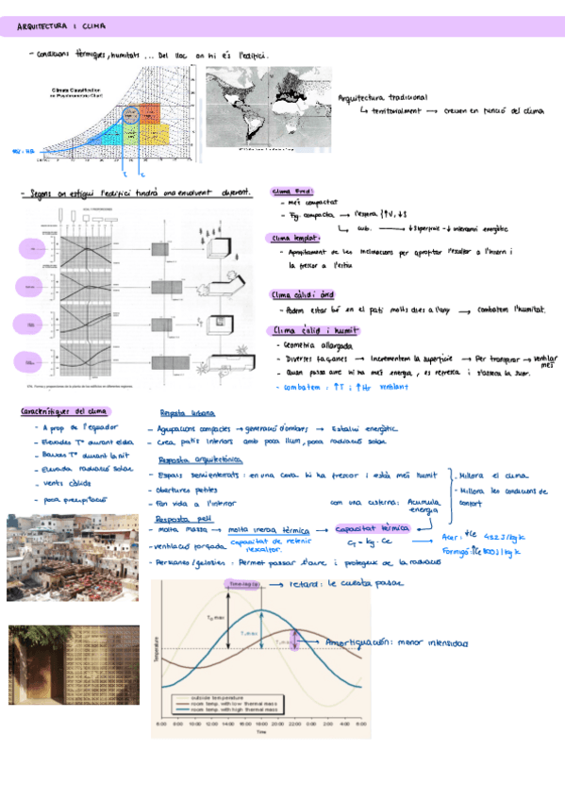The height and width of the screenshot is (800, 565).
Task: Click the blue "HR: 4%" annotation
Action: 23,150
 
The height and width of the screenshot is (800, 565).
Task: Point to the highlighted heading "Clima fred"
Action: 287,190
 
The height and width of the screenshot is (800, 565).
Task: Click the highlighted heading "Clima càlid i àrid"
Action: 302,293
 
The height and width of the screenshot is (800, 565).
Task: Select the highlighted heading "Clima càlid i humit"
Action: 307,331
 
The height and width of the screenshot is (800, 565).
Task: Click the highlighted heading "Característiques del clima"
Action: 64,410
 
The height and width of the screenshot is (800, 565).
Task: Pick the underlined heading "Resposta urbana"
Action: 188,413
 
